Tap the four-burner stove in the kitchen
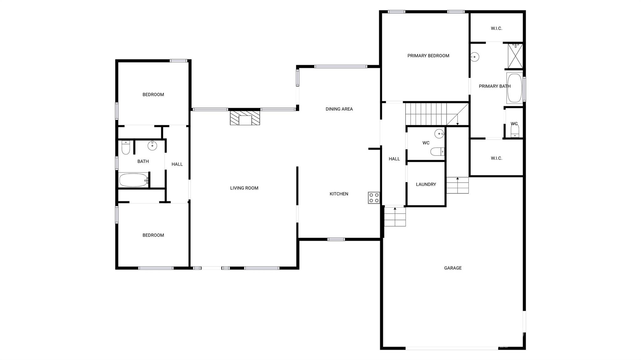tap(374, 198)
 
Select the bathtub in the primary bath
tap(515, 88)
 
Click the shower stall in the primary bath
tap(515, 56)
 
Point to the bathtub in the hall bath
tap(134, 180)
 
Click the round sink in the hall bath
tap(152, 145)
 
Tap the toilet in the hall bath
tap(126, 147)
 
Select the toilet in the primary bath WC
tap(515, 131)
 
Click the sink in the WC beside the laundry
tap(439, 134)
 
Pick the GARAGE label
tap(453, 268)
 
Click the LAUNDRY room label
tap(426, 185)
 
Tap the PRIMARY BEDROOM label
tap(428, 56)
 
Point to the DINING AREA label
tap(339, 109)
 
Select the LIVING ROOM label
tap(244, 188)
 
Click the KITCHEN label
tap(339, 194)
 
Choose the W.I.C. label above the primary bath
tap(496, 28)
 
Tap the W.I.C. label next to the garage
tap(496, 158)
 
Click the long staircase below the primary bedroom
tap(437, 114)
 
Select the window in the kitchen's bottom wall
tap(336, 239)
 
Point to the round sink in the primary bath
tap(475, 57)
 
